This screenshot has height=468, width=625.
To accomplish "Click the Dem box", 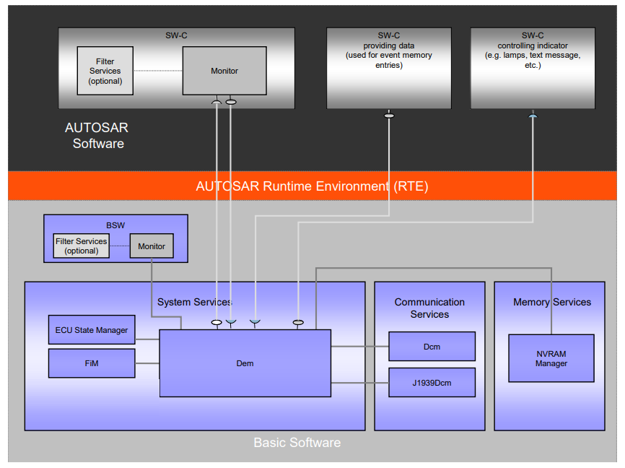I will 245,363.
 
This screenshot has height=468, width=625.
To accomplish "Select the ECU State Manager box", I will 92,330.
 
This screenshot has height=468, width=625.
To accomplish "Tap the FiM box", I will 92,363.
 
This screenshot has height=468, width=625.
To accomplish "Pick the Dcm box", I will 432,347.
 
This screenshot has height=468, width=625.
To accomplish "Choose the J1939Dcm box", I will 432,382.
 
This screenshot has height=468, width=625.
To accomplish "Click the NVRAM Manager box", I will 551,358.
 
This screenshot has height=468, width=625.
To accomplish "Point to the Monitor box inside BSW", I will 152,246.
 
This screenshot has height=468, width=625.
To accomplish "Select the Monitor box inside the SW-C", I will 224,71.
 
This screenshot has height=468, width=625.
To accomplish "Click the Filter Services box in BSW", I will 82,246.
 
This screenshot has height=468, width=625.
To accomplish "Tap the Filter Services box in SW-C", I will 105,71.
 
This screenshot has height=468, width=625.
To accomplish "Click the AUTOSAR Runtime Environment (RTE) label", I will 312,186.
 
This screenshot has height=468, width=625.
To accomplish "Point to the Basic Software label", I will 297,442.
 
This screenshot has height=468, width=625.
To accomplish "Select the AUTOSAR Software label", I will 97,136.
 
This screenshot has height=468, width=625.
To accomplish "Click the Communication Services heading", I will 429,308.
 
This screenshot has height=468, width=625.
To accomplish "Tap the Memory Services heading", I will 551,302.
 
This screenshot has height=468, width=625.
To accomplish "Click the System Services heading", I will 194,302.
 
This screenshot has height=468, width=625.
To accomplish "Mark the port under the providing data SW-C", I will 389,116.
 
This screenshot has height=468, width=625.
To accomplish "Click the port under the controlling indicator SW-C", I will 533,116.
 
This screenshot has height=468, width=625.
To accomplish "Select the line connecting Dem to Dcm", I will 359,347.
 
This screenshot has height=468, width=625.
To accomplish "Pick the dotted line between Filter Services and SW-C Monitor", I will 157,71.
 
